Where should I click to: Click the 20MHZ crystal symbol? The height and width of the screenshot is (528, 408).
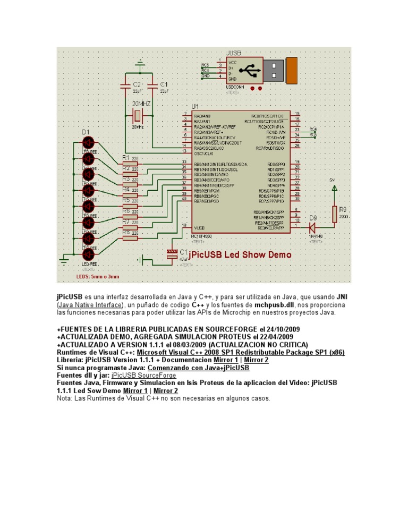pos(137,116)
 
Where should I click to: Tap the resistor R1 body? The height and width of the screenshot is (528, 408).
pos(130,164)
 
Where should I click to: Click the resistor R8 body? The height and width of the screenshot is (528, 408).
pos(130,238)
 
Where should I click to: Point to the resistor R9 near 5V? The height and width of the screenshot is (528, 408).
pos(335,214)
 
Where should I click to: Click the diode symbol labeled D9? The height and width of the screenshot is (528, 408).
pos(312,227)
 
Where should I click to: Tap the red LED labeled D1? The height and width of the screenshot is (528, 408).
pos(88,142)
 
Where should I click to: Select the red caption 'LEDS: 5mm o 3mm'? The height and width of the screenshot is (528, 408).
pos(98,277)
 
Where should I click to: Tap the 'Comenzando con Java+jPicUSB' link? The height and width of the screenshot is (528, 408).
pos(198,367)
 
